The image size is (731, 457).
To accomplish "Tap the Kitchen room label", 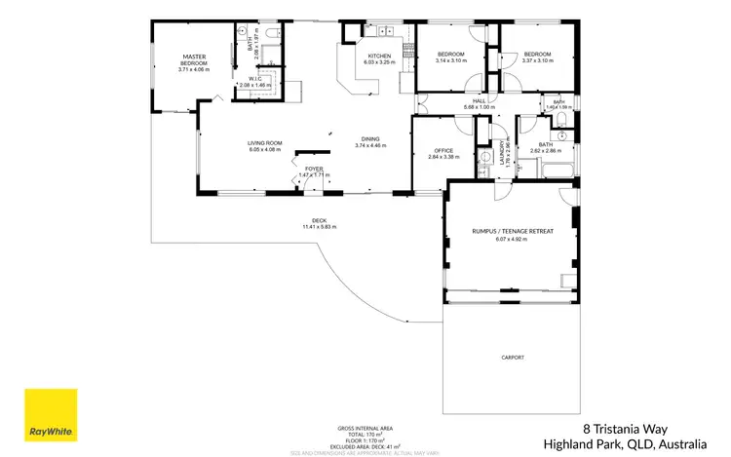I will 379,57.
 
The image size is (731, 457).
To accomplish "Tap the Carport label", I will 513,358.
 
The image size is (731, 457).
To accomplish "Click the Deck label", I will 319,220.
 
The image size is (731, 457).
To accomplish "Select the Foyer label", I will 314,169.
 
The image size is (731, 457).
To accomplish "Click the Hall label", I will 480,99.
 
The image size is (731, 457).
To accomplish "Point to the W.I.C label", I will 254,79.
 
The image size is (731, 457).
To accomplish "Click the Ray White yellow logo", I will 52,414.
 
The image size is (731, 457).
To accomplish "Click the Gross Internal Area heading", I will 365,428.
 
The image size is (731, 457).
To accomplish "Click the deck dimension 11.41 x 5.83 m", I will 319,227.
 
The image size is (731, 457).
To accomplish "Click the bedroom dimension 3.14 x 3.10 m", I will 450,60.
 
